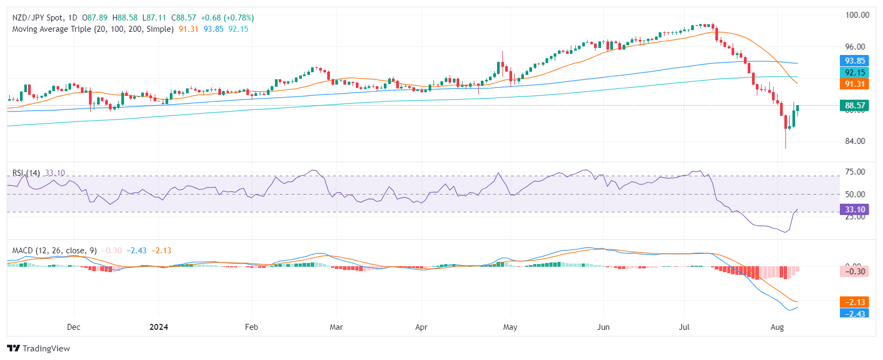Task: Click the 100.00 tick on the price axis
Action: pos(857,15)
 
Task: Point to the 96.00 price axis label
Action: pos(856,47)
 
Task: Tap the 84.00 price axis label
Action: pos(856,141)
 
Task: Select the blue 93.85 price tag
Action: pos(854,61)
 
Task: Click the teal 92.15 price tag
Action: pos(854,73)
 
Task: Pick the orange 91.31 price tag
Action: pos(854,84)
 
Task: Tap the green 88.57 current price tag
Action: pos(854,106)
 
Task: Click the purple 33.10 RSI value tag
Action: pos(854,210)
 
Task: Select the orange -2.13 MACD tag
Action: pos(854,302)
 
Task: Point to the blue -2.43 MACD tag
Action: pos(854,314)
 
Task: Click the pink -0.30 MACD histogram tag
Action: pos(854,272)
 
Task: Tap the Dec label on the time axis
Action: pos(73,327)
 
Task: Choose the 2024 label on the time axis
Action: pos(158,327)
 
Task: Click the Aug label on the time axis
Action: pos(777,327)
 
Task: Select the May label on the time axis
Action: pos(510,327)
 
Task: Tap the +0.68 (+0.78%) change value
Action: pos(227,18)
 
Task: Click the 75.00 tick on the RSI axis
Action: pos(855,172)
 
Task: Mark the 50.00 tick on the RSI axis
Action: pos(855,195)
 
